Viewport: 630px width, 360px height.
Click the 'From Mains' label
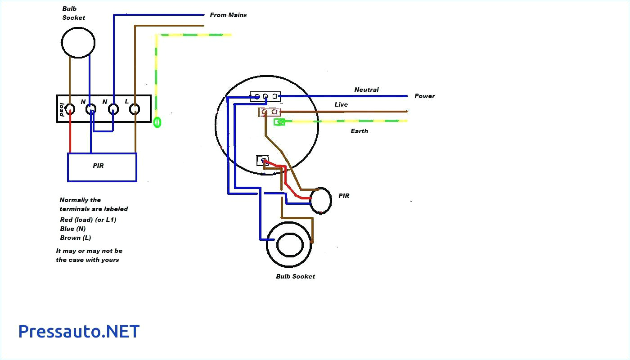(228, 15)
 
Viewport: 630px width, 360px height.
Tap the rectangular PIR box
(102, 167)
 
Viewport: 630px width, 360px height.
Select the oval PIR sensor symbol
(321, 201)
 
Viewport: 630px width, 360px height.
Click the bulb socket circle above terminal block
(78, 43)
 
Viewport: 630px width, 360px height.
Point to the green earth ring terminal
(157, 121)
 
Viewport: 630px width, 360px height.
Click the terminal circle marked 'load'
(70, 108)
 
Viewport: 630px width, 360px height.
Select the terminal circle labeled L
(135, 108)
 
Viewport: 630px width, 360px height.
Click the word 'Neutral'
(366, 90)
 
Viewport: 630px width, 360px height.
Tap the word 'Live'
(341, 104)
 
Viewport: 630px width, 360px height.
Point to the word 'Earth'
(359, 131)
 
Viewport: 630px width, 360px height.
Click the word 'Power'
(424, 96)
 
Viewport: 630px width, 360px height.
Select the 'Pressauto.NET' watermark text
(79, 332)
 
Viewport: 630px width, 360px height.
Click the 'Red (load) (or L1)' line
(88, 220)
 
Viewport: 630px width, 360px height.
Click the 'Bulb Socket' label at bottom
(295, 276)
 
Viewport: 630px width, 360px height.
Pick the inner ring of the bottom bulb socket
(290, 245)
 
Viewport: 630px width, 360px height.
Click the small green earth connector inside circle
(279, 121)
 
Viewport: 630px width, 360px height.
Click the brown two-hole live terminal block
(269, 112)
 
